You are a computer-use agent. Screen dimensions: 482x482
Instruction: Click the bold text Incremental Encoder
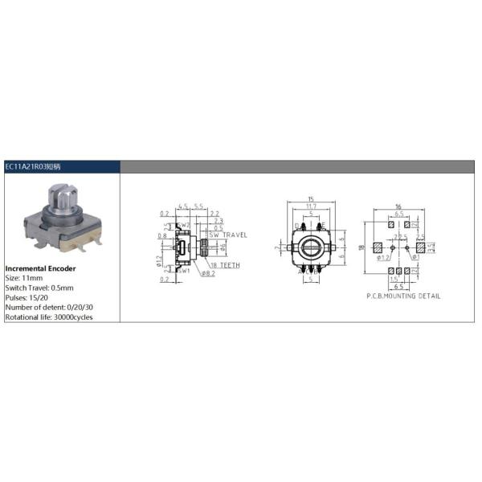coord(40,268)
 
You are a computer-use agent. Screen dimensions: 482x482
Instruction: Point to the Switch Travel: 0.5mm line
coord(39,287)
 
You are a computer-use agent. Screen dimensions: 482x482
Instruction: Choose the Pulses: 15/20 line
coord(25,296)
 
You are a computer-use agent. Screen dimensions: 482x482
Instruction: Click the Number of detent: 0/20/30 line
coord(47,306)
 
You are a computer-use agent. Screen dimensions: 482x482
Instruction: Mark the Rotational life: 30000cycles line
coord(49,316)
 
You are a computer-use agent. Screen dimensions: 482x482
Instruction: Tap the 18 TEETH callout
coord(225,264)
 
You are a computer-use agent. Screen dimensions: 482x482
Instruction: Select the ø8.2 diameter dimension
coord(207,274)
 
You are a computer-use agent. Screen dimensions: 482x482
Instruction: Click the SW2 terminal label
coord(186,225)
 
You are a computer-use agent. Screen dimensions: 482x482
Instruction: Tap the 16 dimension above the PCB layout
coord(400,206)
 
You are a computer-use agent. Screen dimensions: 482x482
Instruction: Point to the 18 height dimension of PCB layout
coord(363,249)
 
